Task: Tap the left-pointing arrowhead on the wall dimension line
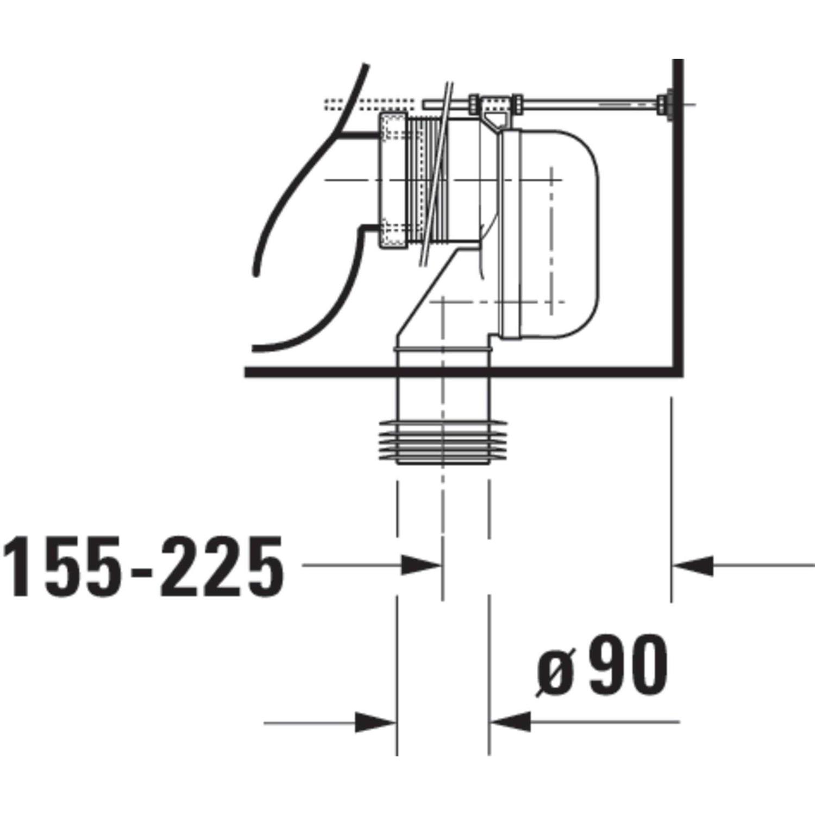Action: [693, 566]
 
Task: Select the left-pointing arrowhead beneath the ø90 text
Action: [510, 722]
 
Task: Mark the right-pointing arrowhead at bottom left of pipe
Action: [376, 723]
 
